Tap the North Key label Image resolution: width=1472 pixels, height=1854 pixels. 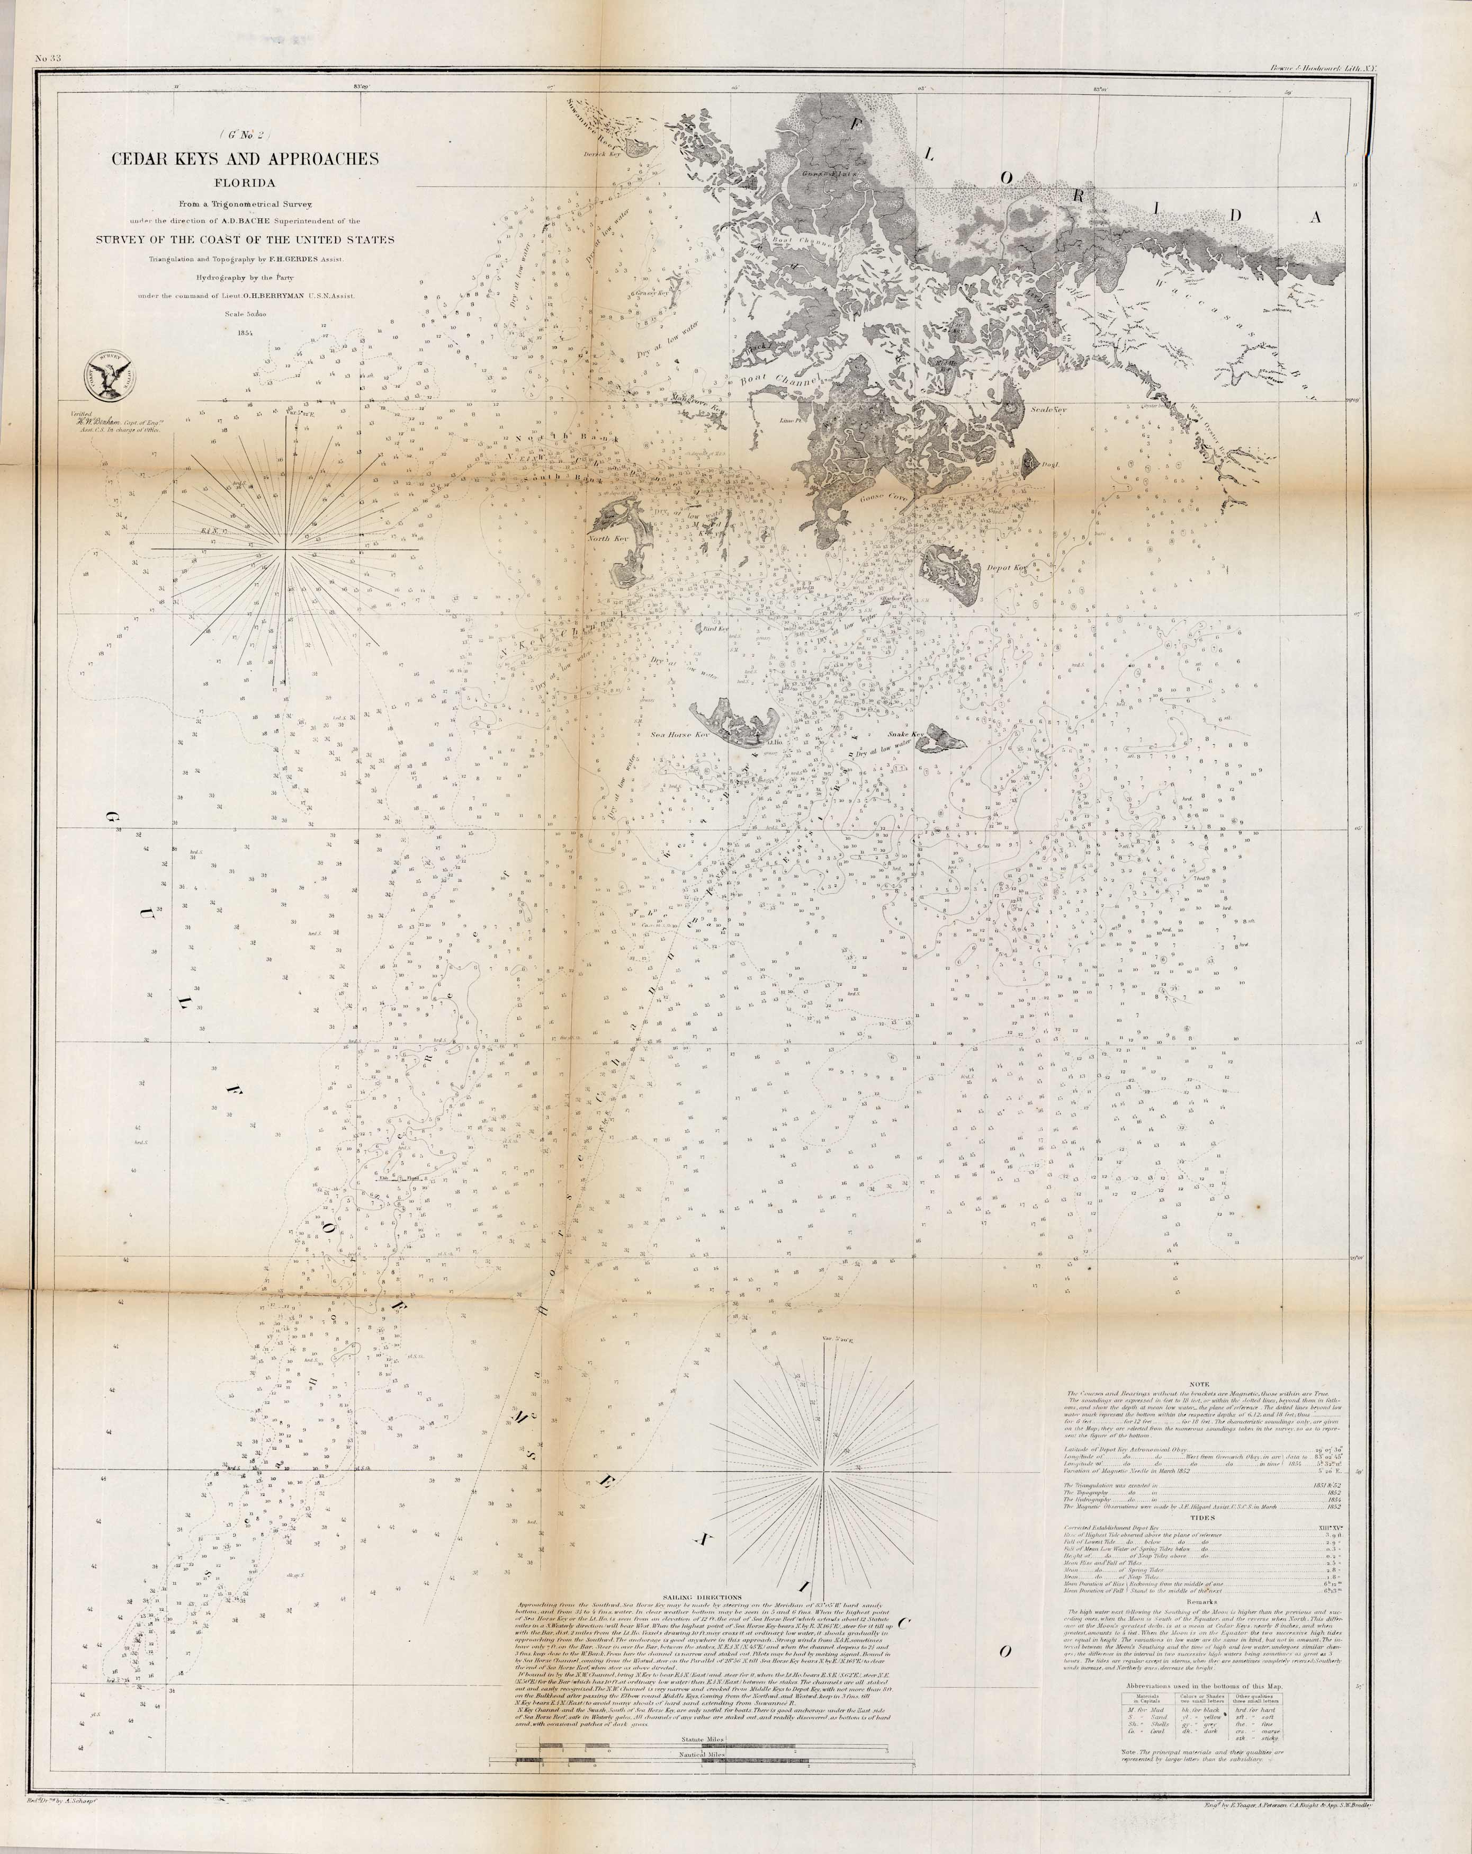point(609,538)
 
